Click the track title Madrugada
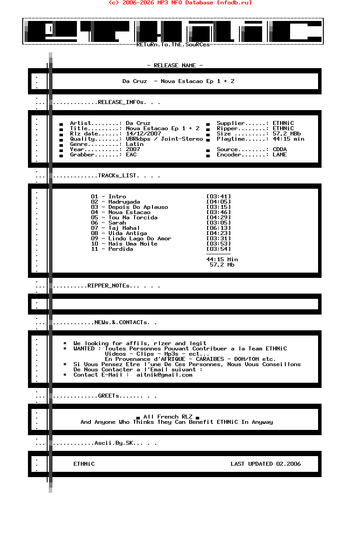124,202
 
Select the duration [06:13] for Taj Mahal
218,228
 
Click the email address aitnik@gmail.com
164,375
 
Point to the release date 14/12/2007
143,134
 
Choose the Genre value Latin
135,144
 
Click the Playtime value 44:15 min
288,139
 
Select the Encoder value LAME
280,155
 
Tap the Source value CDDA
280,149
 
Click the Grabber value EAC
131,155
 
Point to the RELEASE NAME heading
175,66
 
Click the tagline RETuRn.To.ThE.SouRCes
173,45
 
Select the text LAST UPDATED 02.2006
266,464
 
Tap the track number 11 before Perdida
94,249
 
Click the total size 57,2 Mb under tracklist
222,265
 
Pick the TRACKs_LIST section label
118,176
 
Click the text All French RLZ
168,417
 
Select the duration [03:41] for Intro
218,197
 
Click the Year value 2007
133,149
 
